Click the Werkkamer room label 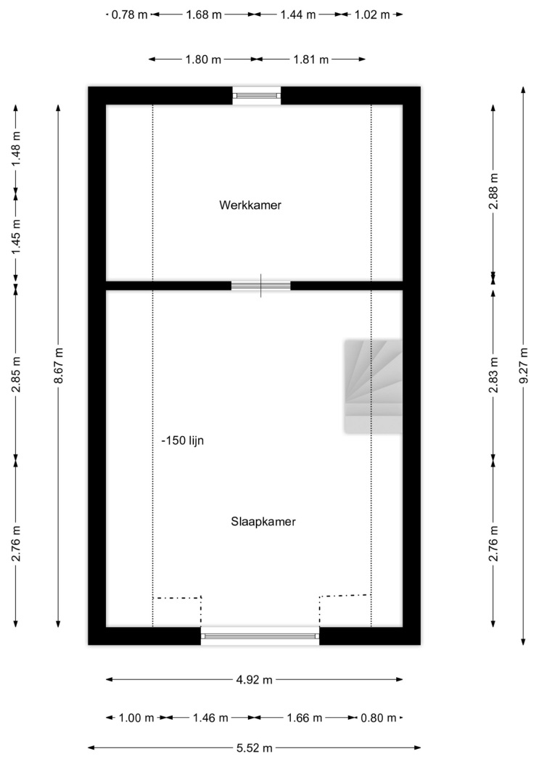tap(250, 205)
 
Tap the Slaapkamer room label tap(263, 522)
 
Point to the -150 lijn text tap(183, 441)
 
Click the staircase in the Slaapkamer tap(374, 386)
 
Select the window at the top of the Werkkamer tap(257, 96)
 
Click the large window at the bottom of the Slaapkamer tap(260, 636)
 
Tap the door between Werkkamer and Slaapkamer tap(260, 286)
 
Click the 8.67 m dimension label tap(59, 366)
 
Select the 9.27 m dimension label tap(524, 366)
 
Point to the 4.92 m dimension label tap(255, 680)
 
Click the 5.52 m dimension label tap(255, 748)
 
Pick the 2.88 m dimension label tap(493, 191)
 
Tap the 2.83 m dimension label tap(493, 375)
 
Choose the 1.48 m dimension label tap(16, 148)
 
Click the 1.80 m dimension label tap(203, 60)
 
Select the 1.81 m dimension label tap(310, 60)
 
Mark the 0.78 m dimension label tap(129, 15)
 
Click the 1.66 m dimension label tap(305, 718)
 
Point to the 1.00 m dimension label tap(136, 718)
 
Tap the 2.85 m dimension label tap(16, 374)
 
